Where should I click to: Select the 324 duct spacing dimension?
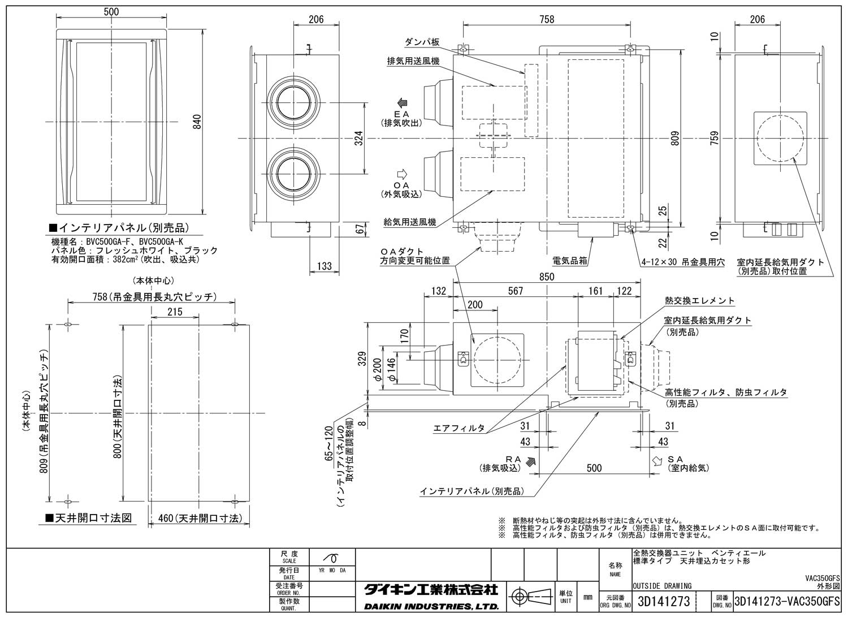pyautogui.click(x=359, y=137)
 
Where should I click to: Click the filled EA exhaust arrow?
pyautogui.click(x=403, y=102)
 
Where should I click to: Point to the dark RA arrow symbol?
pyautogui.click(x=530, y=461)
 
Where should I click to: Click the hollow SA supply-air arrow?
pyautogui.click(x=657, y=461)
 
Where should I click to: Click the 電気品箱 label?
pyautogui.click(x=571, y=262)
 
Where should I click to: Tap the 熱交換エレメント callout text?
pyautogui.click(x=699, y=301)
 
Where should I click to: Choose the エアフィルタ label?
pyautogui.click(x=458, y=428)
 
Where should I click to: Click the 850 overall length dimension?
pyautogui.click(x=546, y=277)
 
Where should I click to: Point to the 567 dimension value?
pyautogui.click(x=515, y=291)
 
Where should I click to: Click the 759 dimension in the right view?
pyautogui.click(x=715, y=137)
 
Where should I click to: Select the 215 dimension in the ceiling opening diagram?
pyautogui.click(x=175, y=312)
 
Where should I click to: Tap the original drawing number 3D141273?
pyautogui.click(x=663, y=602)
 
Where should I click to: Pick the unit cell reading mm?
pyautogui.click(x=587, y=597)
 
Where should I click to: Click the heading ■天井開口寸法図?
pyautogui.click(x=88, y=517)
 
